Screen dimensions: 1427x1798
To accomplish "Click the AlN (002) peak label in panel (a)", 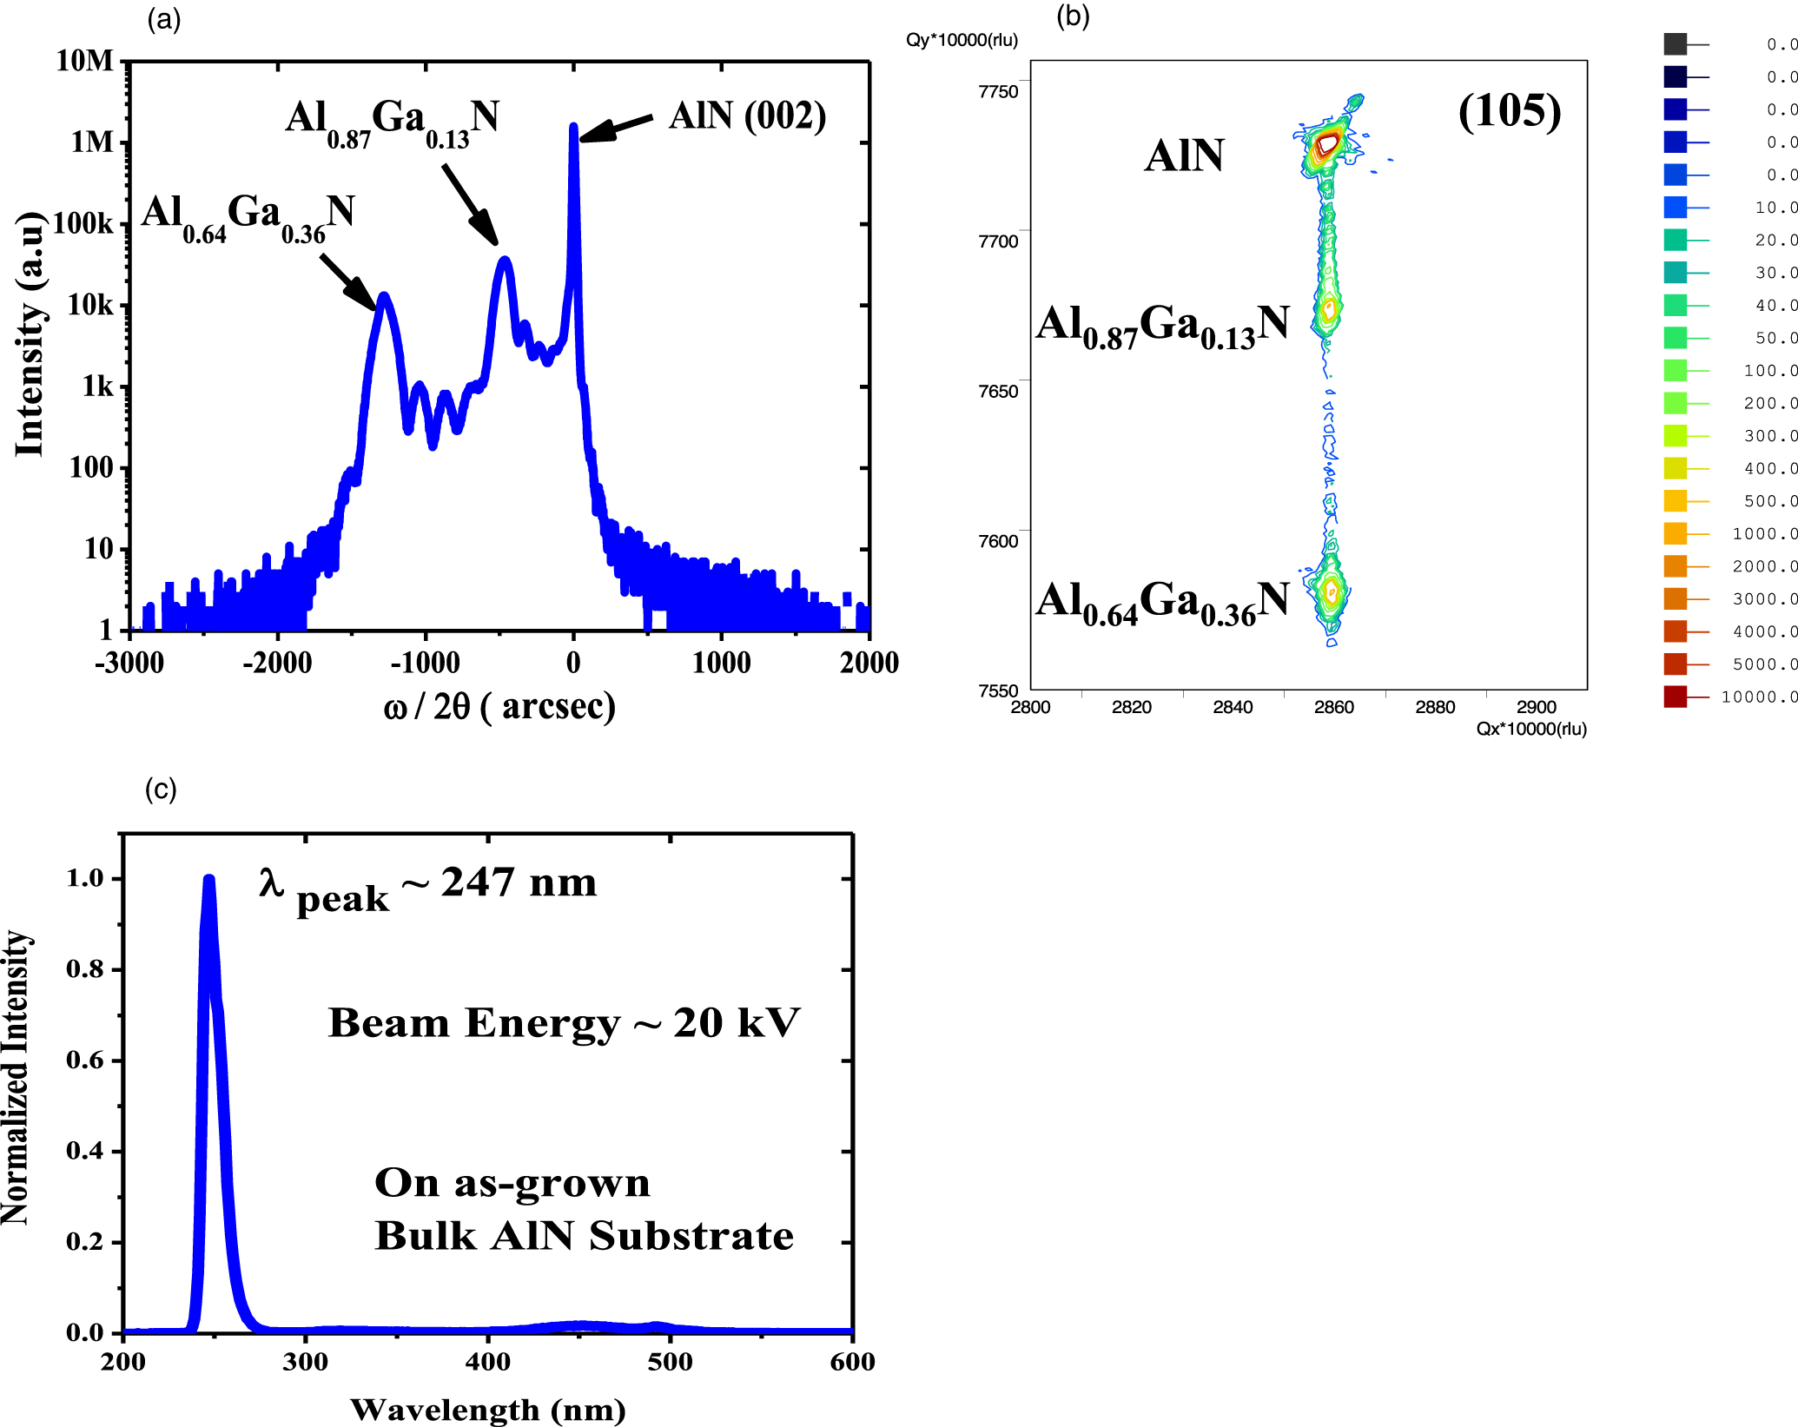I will point(747,116).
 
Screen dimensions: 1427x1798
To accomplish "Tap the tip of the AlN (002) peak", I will point(573,127).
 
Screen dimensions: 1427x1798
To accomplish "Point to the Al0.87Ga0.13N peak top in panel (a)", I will point(505,260).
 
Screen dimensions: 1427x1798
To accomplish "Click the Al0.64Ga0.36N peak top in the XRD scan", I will point(383,296).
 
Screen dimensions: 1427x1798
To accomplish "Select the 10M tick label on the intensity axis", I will point(84,61).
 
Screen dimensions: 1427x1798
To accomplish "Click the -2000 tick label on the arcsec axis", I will point(277,663).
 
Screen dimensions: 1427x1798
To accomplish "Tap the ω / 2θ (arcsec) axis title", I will point(499,706).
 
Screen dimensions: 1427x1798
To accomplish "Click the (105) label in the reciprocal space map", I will point(1510,111).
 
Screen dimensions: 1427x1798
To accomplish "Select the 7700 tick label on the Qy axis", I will point(998,241).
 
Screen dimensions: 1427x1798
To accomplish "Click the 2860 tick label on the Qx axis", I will point(1333,707).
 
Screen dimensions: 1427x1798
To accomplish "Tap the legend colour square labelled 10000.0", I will point(1675,697).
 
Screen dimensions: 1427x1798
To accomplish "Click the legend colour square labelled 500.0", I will point(1675,501).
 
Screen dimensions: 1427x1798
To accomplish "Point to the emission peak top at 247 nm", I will point(208,879).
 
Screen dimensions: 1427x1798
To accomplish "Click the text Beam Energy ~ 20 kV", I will point(564,1023).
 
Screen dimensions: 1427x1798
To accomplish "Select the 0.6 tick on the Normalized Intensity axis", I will point(84,1060).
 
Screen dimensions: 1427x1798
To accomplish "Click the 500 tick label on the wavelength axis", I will point(670,1361).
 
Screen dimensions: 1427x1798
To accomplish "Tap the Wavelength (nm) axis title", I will point(487,1409).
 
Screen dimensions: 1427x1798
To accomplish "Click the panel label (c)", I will point(161,789).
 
